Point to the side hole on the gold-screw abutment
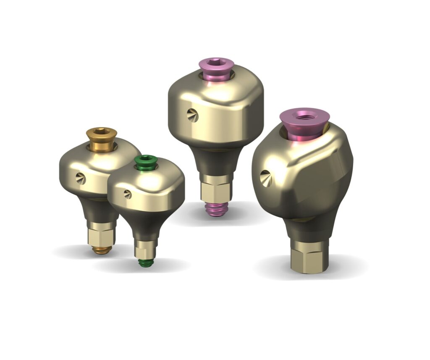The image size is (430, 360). (x=81, y=179)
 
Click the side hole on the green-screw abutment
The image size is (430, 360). (x=128, y=194)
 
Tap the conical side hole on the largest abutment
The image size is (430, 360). (x=265, y=178)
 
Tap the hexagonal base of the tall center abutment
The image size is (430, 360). (x=216, y=189)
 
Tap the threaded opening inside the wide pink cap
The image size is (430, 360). (x=305, y=115)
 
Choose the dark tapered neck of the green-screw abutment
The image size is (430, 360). (x=145, y=225)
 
